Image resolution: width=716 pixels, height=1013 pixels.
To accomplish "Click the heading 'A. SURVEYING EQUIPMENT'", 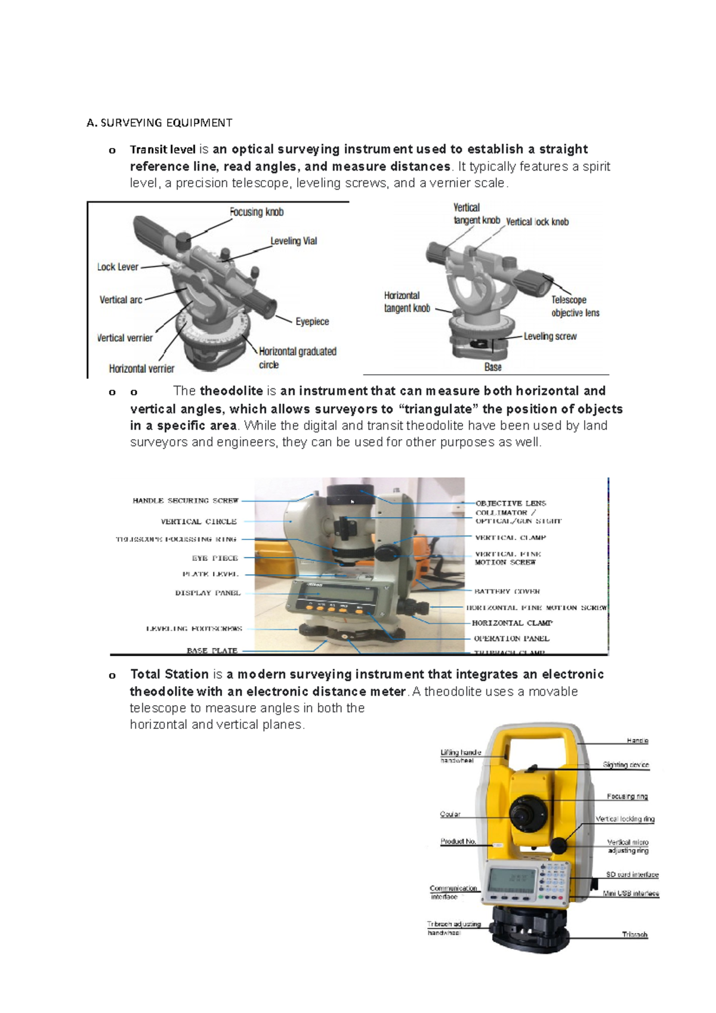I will (159, 123).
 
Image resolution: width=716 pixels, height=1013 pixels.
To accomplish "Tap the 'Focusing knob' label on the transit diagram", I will (257, 212).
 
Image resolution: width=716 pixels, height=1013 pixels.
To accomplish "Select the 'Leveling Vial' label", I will (294, 241).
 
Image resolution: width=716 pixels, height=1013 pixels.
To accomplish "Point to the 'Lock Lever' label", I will (118, 267).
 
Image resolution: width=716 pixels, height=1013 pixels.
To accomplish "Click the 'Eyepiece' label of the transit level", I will (312, 322).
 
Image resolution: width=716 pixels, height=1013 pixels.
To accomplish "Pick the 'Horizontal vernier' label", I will (141, 369).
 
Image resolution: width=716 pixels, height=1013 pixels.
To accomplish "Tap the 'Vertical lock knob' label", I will (537, 222).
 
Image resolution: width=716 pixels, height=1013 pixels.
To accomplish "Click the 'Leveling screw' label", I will (550, 336).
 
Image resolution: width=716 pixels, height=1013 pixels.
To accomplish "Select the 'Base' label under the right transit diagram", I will (493, 367).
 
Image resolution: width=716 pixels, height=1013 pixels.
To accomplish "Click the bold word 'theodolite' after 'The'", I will (231, 391).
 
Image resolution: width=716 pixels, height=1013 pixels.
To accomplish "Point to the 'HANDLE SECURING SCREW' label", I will (185, 501).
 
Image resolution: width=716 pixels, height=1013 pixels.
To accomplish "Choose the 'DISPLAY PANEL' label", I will (208, 593).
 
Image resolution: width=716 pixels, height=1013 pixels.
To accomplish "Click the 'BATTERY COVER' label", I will (507, 591).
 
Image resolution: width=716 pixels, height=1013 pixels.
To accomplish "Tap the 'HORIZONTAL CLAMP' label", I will (512, 623).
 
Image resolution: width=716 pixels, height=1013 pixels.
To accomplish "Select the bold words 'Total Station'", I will (169, 675).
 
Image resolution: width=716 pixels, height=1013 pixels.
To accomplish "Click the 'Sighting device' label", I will (625, 765).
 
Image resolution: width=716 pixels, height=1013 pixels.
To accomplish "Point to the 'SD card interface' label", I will (632, 875).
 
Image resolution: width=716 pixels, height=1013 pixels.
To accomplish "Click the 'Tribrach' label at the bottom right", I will (634, 935).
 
